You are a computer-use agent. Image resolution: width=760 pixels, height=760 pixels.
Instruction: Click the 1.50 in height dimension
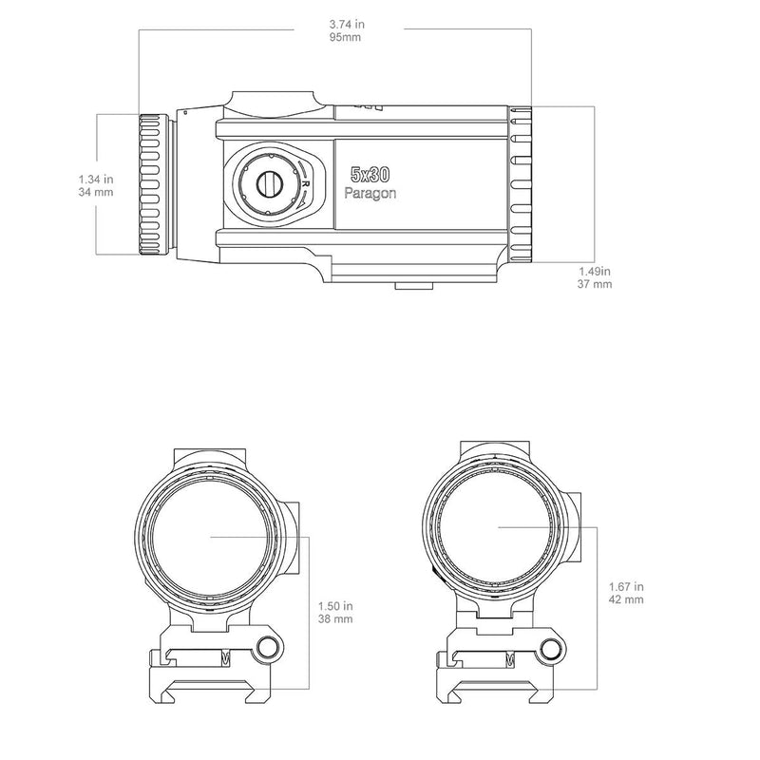[336, 604]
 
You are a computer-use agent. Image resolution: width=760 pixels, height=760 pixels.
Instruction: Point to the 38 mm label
[336, 618]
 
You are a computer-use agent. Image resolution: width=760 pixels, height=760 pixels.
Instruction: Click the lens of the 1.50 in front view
[211, 536]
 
